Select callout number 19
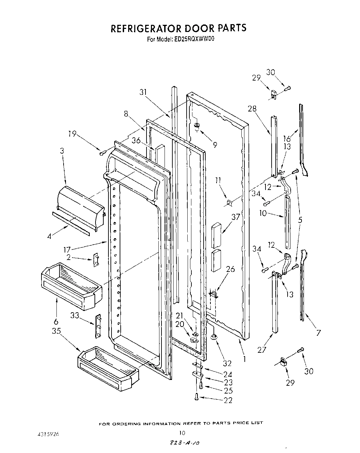tap(72, 134)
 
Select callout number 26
tap(230, 269)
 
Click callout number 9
tap(215, 145)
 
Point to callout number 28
tap(252, 108)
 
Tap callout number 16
tap(287, 138)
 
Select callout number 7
tap(319, 333)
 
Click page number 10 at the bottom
tap(182, 433)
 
